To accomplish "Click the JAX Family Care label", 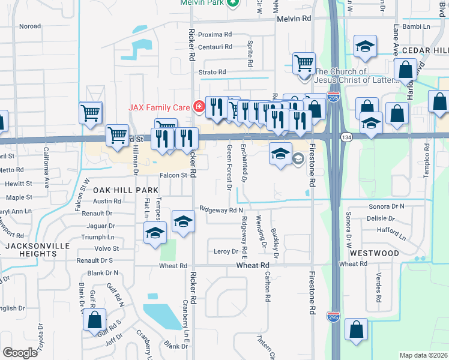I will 158,108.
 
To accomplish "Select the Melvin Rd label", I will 294,19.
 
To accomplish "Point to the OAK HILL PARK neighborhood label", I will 118,190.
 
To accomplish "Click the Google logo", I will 20,353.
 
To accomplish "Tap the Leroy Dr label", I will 226,252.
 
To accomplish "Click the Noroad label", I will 30,26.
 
